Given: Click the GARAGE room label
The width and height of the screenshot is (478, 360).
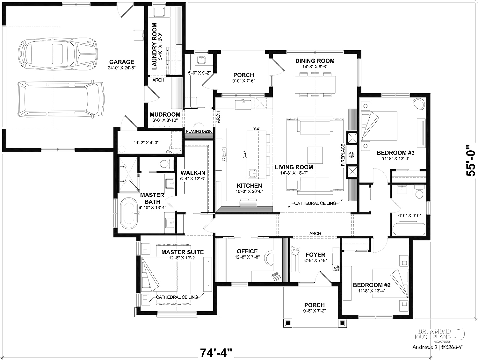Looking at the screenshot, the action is (x=121, y=62).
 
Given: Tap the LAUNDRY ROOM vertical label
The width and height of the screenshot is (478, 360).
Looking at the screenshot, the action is (x=155, y=46).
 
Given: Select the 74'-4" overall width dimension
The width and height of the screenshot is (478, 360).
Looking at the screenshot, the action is (x=216, y=353).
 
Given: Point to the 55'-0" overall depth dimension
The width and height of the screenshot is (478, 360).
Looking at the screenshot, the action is (x=471, y=161).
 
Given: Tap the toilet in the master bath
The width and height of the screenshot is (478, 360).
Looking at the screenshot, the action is (x=167, y=163).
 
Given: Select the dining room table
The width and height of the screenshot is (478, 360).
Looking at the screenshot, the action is (x=315, y=84).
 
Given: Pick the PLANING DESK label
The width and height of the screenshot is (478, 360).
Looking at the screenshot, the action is (x=199, y=131).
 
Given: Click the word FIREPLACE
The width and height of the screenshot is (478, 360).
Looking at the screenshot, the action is (x=343, y=155).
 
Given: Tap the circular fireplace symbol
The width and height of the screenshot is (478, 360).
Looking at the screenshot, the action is (x=351, y=155).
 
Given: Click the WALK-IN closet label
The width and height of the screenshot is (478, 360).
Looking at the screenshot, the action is (x=193, y=173).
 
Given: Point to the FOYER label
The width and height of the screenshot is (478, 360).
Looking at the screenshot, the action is (x=315, y=255).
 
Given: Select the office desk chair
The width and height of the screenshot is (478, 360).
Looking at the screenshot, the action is (x=269, y=258).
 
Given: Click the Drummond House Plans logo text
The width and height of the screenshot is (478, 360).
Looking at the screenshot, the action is (x=431, y=334).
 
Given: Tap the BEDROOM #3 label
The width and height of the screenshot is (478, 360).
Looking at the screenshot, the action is (x=396, y=153).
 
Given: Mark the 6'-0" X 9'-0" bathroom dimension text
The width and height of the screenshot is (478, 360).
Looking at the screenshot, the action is (x=406, y=215).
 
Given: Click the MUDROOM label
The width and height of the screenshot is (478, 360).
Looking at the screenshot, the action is (x=165, y=114).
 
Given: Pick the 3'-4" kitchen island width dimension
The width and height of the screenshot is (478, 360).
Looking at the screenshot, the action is (x=257, y=129).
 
